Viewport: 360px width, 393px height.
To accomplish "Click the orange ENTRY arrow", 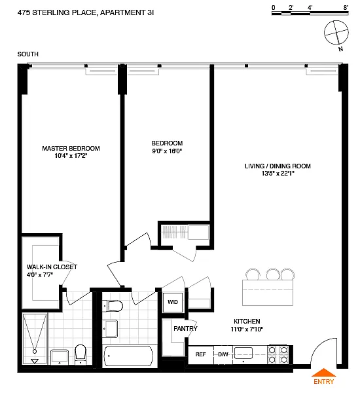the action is (323, 373).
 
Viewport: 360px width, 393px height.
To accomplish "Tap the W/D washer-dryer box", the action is (173, 302).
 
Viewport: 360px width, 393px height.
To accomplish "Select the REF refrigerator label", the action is (201, 354).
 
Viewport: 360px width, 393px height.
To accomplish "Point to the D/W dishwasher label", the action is (223, 354).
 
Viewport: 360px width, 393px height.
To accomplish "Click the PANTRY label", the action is (185, 328).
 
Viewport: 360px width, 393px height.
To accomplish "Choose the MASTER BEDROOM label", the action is (71, 149).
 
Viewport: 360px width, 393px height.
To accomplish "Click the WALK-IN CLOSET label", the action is (52, 267).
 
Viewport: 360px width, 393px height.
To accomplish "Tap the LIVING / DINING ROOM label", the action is (278, 166).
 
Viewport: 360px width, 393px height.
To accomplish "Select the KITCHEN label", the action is (247, 322).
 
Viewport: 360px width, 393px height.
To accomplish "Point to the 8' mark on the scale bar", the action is (346, 7).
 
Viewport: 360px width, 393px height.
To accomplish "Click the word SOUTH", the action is (27, 54).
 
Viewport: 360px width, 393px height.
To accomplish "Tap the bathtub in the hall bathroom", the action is (128, 356).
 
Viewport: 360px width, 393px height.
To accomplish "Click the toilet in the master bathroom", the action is (81, 354).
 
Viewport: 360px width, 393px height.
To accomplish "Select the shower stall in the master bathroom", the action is (35, 339).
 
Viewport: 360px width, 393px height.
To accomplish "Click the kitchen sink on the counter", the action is (243, 353).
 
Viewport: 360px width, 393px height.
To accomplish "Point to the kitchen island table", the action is (268, 293).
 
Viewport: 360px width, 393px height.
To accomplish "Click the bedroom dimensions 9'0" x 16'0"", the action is (167, 151).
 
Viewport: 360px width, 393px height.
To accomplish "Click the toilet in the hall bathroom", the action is (115, 306).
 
